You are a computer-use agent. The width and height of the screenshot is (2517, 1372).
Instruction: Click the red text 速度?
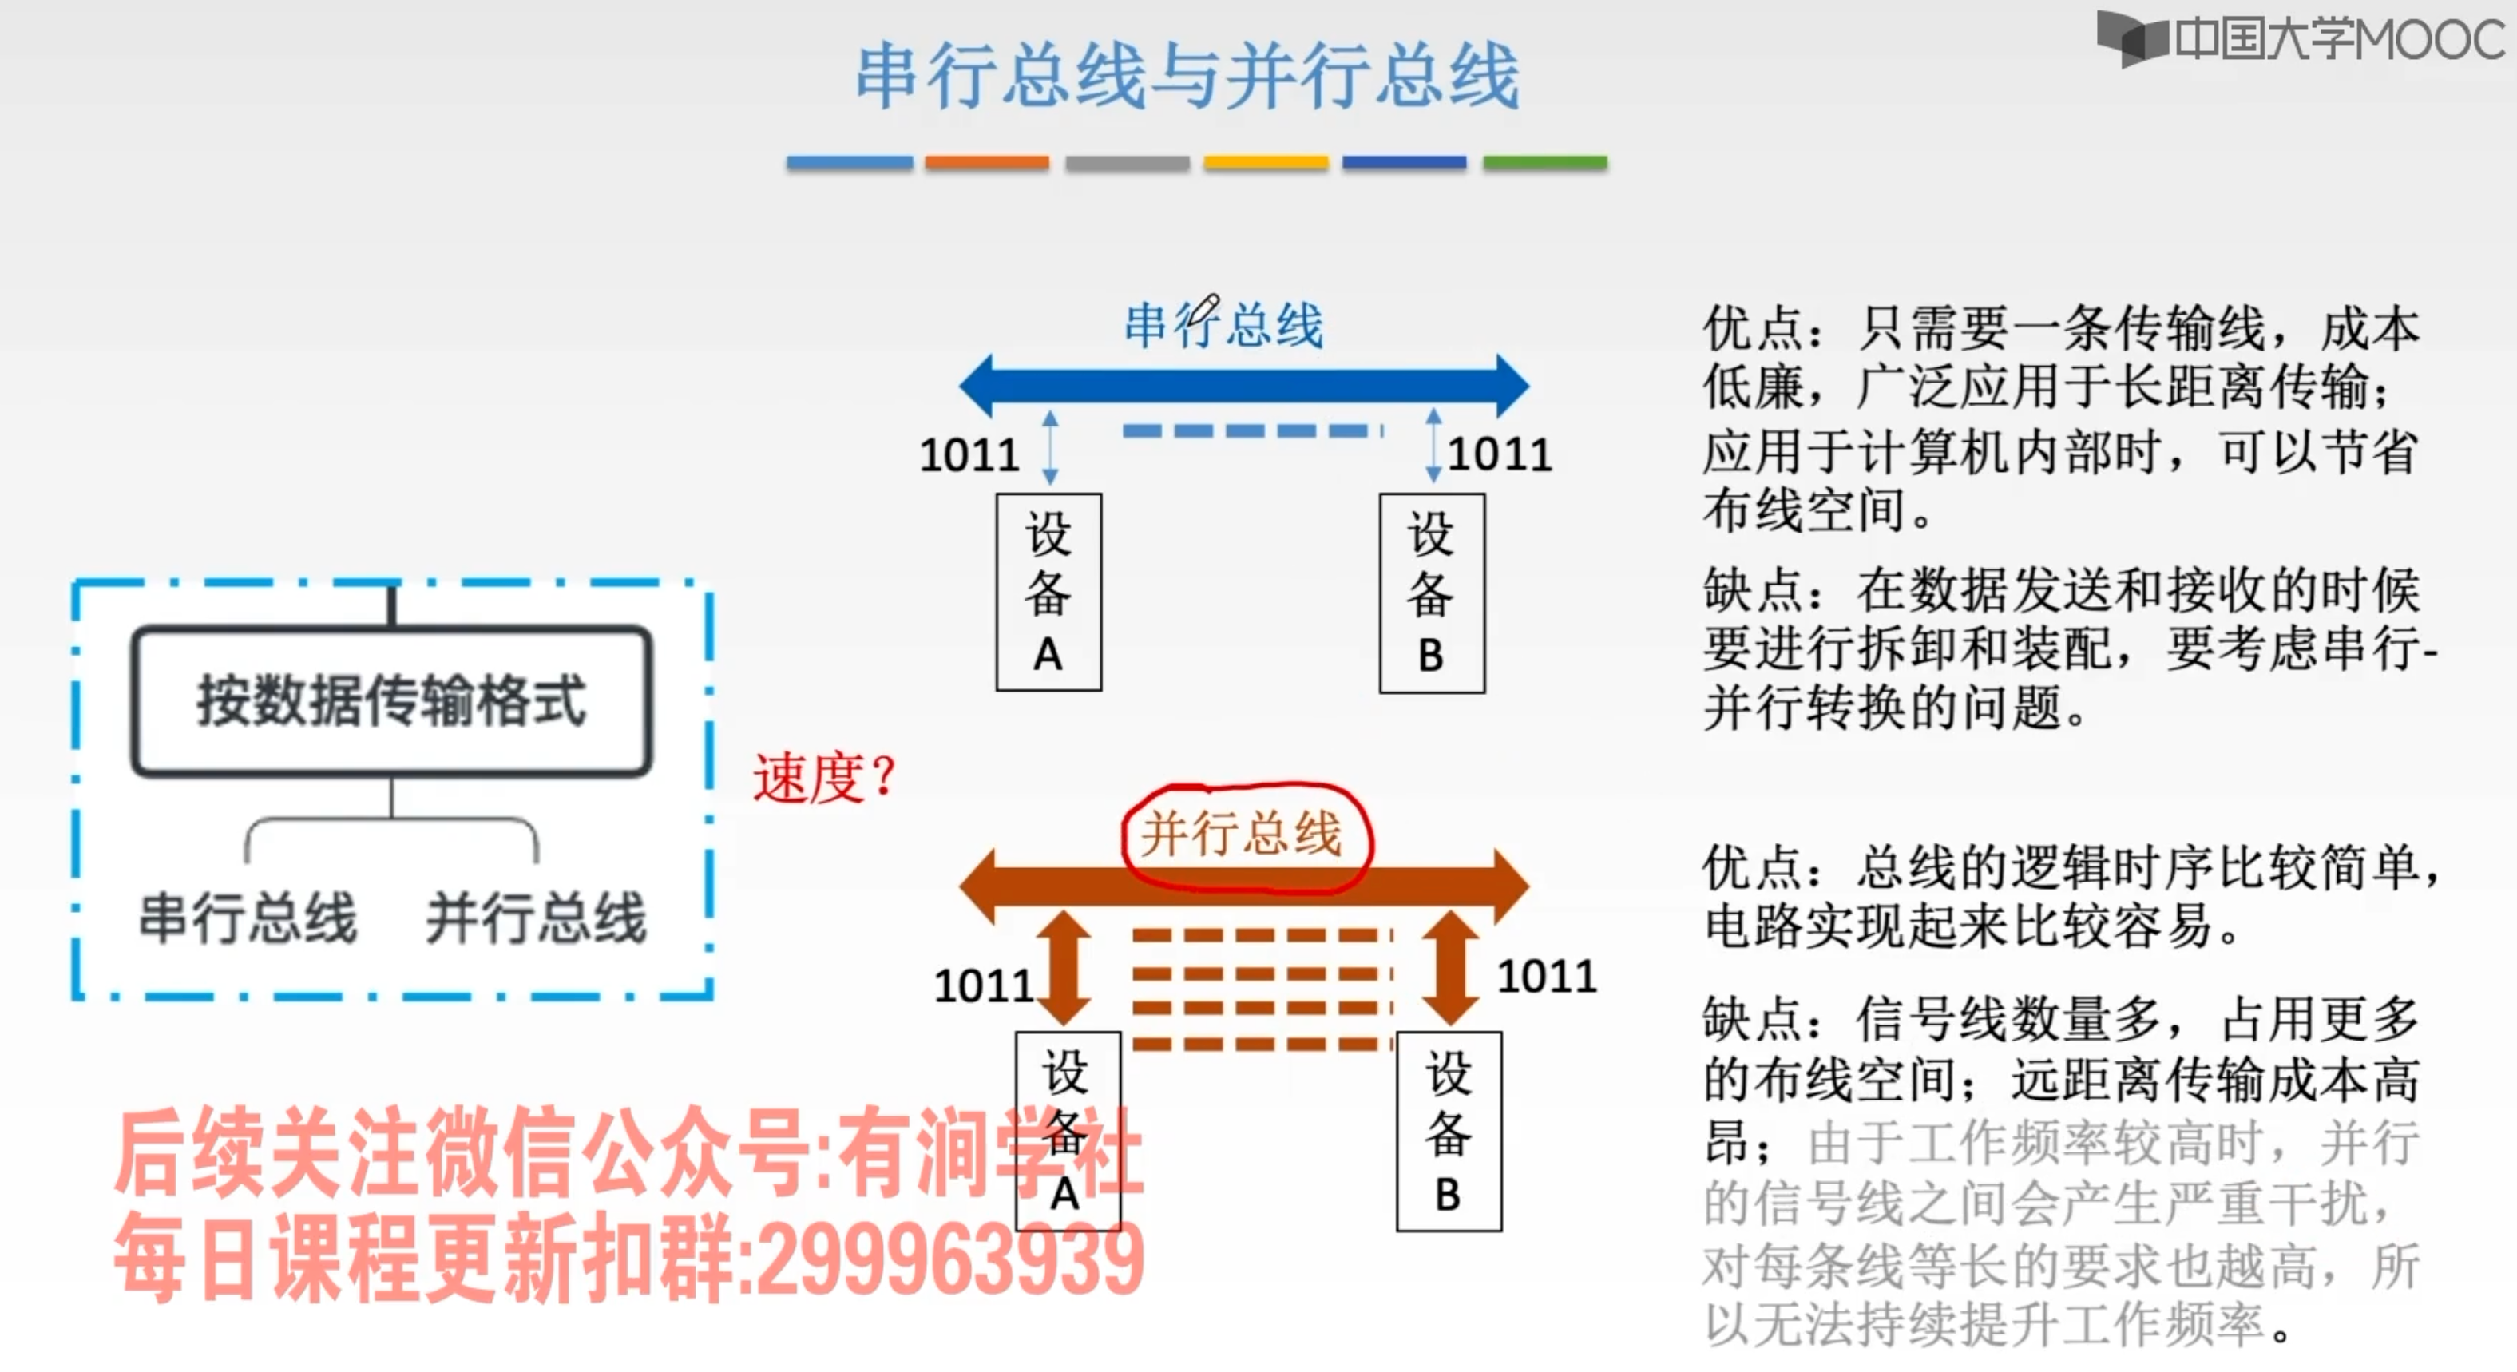coord(823,779)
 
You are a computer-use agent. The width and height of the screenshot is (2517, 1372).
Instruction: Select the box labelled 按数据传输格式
coord(392,700)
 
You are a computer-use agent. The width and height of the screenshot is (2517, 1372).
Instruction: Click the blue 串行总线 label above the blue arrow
coord(1223,324)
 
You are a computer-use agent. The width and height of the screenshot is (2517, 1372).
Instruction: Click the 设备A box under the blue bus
coord(1048,593)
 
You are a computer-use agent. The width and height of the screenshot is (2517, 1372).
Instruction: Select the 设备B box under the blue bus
coord(1432,593)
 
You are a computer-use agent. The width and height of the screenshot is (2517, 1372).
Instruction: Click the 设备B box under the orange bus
coord(1448,1132)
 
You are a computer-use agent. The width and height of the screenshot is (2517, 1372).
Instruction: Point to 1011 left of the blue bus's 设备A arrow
coord(969,455)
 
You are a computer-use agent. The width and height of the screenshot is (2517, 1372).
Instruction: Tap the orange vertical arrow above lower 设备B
coord(1450,967)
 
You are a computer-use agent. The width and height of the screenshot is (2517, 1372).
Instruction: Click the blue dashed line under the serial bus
coord(1251,431)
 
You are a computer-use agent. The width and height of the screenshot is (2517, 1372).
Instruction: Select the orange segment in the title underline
coord(987,163)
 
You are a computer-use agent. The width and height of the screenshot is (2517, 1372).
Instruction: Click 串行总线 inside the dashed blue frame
coord(248,918)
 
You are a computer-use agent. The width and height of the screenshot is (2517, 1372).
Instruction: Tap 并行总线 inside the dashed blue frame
coord(536,918)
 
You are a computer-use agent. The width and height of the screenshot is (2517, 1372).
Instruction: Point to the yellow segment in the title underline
coord(1266,163)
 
